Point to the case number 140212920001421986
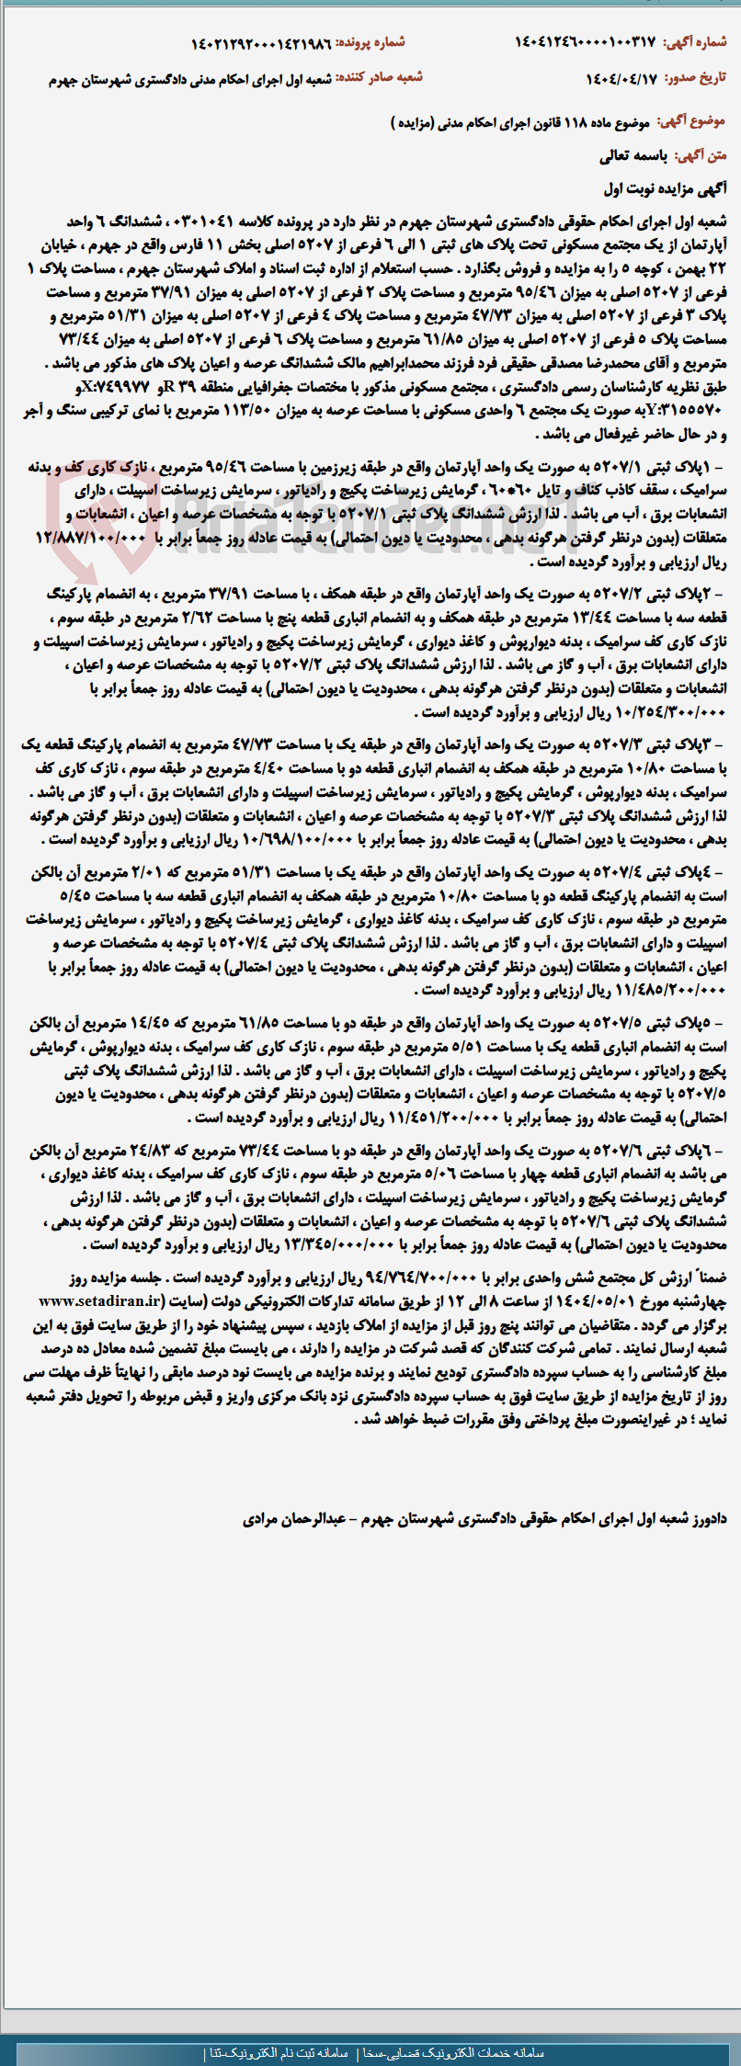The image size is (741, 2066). click(261, 43)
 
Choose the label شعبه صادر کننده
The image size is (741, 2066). click(379, 78)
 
